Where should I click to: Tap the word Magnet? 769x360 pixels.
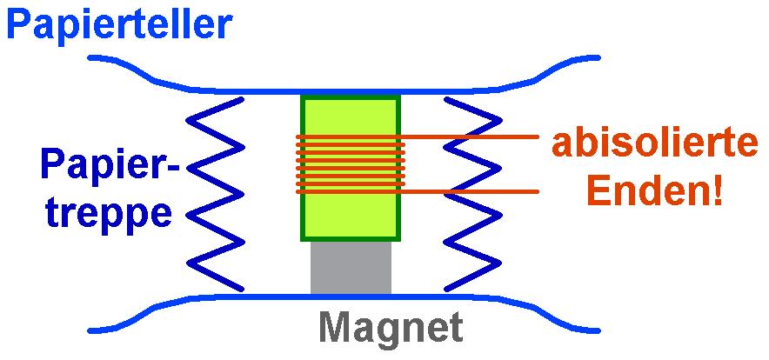coord(389,329)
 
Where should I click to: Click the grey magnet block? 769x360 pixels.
coord(351,267)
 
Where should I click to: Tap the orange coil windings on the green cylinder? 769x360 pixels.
coord(351,163)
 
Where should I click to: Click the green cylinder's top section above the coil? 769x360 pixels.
coord(351,115)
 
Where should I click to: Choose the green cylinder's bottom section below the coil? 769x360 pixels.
coord(351,216)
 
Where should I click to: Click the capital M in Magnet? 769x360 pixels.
coord(335,329)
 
